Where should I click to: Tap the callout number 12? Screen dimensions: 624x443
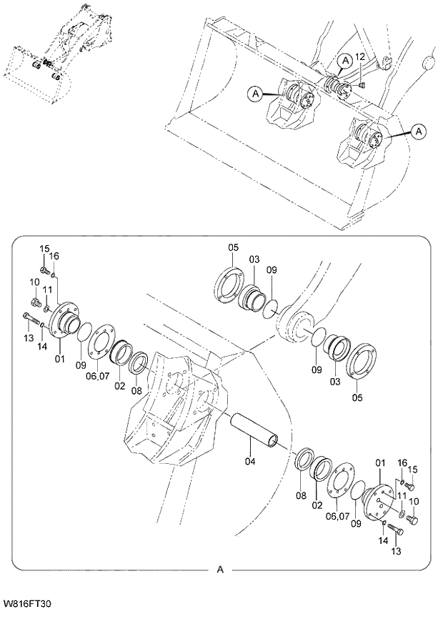(360, 56)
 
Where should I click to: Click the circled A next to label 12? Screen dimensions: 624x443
(344, 61)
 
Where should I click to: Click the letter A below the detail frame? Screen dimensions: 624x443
(220, 570)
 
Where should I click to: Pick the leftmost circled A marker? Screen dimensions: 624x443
(254, 92)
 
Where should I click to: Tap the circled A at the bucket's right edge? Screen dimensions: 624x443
(419, 131)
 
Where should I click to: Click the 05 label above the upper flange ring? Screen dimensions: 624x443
(233, 248)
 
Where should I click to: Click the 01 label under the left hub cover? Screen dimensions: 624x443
(59, 357)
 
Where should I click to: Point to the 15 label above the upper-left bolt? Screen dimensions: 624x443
(44, 248)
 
